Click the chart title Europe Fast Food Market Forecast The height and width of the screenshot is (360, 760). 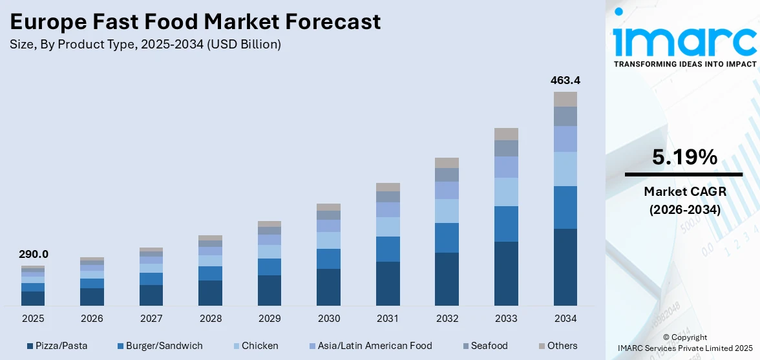click(195, 22)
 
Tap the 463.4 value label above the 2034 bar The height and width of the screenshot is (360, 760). click(565, 81)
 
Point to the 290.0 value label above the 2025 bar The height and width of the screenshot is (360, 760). click(33, 255)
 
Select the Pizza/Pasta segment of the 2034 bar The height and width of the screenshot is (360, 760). click(565, 266)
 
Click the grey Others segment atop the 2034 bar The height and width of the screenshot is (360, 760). click(565, 99)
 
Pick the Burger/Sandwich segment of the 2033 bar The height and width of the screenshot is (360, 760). click(506, 224)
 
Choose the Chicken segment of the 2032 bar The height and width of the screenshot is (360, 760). click(447, 211)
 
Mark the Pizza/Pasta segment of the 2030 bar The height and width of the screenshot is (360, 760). click(328, 287)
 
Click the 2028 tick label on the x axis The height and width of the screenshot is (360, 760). click(210, 319)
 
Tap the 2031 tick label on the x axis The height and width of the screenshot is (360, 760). click(388, 319)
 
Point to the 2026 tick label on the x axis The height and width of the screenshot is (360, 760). click(92, 319)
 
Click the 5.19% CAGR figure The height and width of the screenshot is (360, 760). click(684, 157)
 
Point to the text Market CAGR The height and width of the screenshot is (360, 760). click(684, 191)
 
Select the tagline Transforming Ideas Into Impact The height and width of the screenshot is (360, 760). click(684, 64)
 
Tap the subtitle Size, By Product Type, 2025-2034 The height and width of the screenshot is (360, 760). click(145, 45)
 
